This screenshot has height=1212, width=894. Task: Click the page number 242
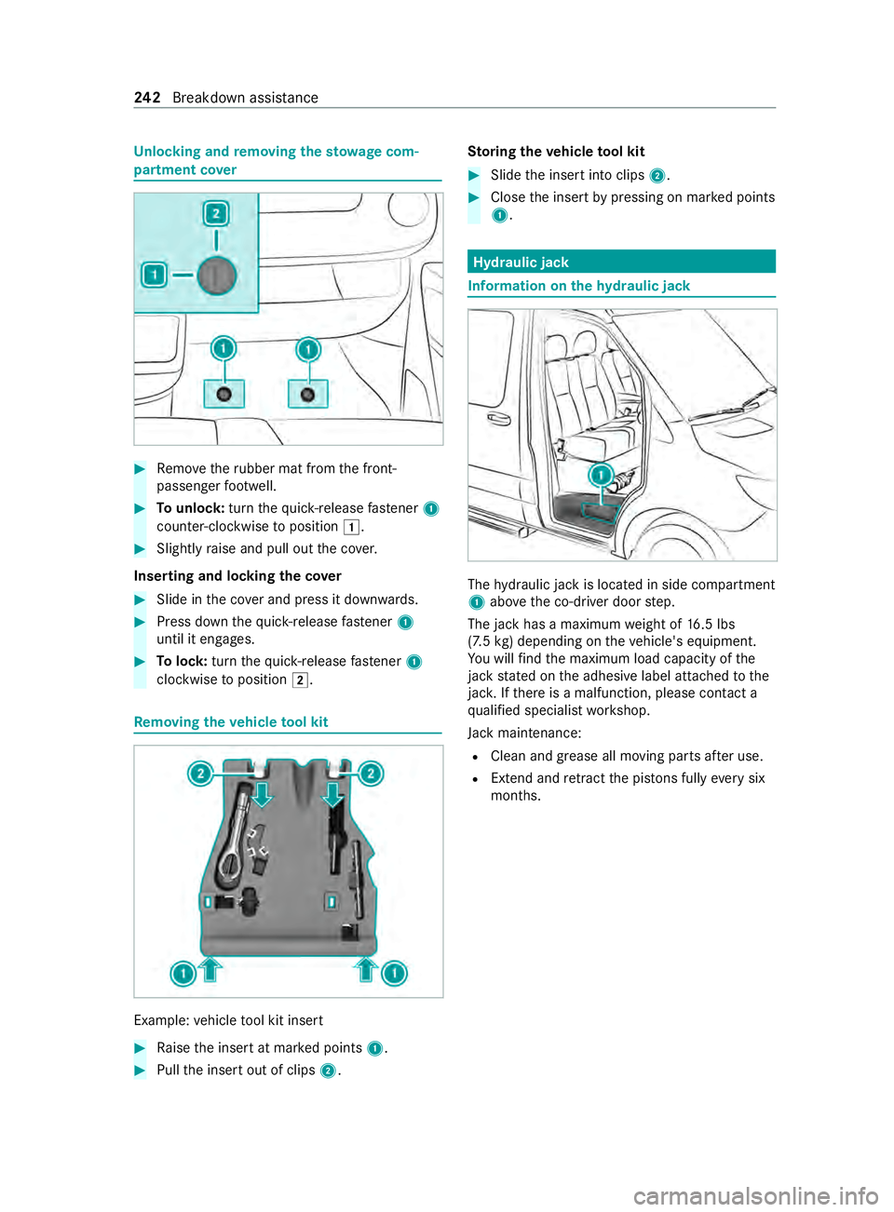(x=147, y=98)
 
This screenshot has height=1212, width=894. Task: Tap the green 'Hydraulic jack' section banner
(x=621, y=262)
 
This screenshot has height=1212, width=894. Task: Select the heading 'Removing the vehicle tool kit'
(x=231, y=722)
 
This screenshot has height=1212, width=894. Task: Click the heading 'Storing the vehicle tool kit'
(x=556, y=152)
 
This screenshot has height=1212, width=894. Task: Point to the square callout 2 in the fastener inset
(x=216, y=214)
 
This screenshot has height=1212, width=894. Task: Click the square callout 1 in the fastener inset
(x=155, y=275)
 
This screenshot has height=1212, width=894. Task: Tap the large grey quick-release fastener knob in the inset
(x=217, y=276)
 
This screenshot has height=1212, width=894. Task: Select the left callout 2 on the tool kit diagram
(x=200, y=774)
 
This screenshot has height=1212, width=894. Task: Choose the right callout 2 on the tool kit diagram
(x=371, y=774)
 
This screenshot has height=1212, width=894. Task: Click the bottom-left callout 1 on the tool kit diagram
(x=183, y=974)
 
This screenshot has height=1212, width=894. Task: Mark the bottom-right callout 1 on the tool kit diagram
(x=395, y=974)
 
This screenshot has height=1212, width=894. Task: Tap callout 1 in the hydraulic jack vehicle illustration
(x=602, y=476)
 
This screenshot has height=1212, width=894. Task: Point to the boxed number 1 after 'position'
(x=351, y=527)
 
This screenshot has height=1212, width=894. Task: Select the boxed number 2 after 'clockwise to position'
(x=300, y=680)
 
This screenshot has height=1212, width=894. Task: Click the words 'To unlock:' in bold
(x=190, y=508)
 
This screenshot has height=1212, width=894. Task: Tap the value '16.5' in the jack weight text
(x=700, y=625)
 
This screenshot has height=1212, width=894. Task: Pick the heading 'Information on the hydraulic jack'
(x=579, y=286)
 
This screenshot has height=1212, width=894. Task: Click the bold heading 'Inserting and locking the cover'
(x=237, y=576)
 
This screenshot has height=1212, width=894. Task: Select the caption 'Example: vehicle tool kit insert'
(x=228, y=1020)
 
